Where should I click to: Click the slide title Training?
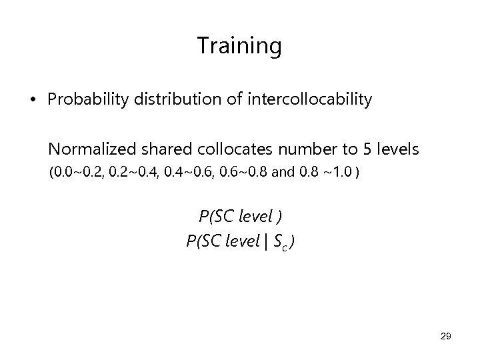[x=239, y=46]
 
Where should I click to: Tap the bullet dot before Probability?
[x=32, y=101]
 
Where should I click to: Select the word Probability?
[x=83, y=101]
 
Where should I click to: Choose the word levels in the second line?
[x=396, y=149]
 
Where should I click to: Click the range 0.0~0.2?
[x=79, y=175]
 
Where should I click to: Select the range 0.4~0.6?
[x=189, y=175]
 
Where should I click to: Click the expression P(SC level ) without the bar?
[x=239, y=217]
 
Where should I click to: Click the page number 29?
[x=445, y=337]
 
